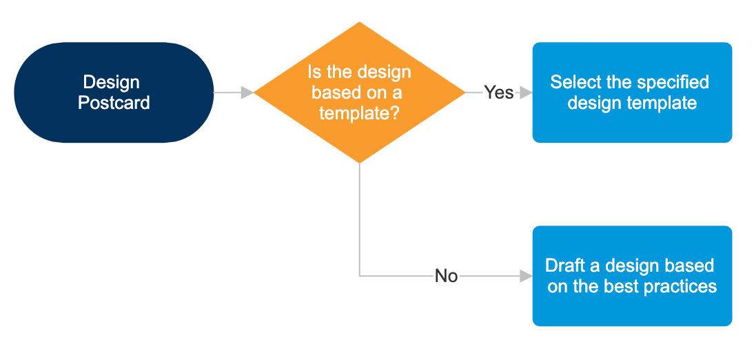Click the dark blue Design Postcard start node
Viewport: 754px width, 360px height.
tap(114, 92)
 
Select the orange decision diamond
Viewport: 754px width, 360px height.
tap(359, 92)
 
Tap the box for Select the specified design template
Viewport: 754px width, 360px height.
tap(631, 92)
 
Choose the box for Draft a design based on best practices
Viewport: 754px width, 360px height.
tap(631, 276)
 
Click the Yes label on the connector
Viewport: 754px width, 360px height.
tap(498, 92)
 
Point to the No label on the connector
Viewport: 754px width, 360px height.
tap(446, 276)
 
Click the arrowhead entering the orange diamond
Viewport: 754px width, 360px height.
tap(247, 92)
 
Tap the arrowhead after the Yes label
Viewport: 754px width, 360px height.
tap(526, 92)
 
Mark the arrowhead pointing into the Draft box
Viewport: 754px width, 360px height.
tap(526, 276)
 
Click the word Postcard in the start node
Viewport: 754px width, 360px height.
tap(114, 103)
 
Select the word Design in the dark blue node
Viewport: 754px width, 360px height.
tap(111, 82)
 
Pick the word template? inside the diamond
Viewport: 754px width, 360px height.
tap(359, 112)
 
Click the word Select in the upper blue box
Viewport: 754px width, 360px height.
tap(574, 82)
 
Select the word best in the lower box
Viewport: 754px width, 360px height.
tap(620, 286)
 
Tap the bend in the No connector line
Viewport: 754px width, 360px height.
tap(360, 276)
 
